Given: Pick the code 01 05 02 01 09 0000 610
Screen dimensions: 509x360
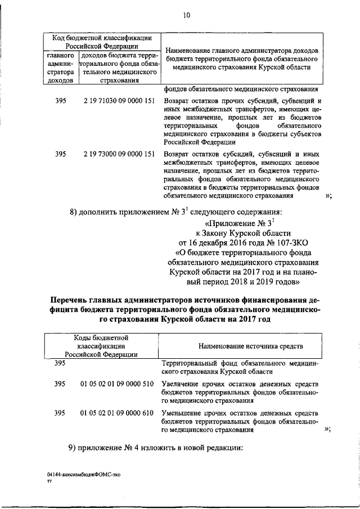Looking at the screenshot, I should pos(117,413).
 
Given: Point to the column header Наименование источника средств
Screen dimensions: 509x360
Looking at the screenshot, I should pos(243,345).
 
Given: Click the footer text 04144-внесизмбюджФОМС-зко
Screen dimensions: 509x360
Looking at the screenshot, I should pos(84,475).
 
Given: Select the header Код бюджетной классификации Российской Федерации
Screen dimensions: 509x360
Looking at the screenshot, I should pos(101,42).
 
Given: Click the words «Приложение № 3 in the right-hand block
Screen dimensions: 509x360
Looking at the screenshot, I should pos(242,222).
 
